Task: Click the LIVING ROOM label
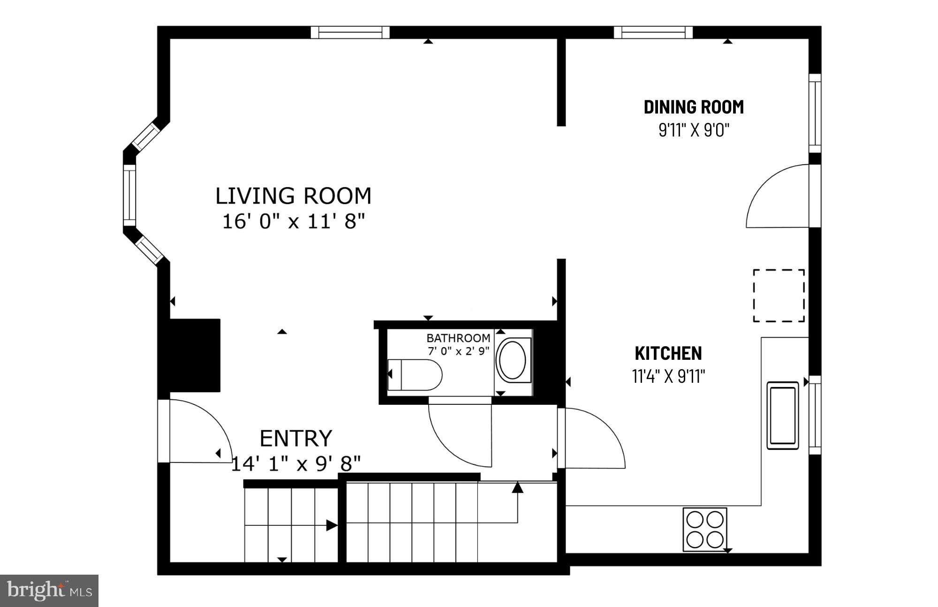[293, 196]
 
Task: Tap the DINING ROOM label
[693, 107]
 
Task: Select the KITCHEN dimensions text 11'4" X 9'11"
[668, 376]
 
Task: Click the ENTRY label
[295, 439]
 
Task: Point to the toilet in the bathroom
[415, 375]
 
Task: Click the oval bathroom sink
[513, 360]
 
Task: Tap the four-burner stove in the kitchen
[704, 529]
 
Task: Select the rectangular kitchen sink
[782, 415]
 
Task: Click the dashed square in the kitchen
[779, 296]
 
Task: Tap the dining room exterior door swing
[776, 197]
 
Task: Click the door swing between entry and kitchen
[593, 439]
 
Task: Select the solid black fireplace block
[195, 356]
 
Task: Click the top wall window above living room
[350, 32]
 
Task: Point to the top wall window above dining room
[653, 32]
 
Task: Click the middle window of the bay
[129, 196]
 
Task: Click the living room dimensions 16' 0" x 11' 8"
[293, 221]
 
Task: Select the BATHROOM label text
[458, 338]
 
